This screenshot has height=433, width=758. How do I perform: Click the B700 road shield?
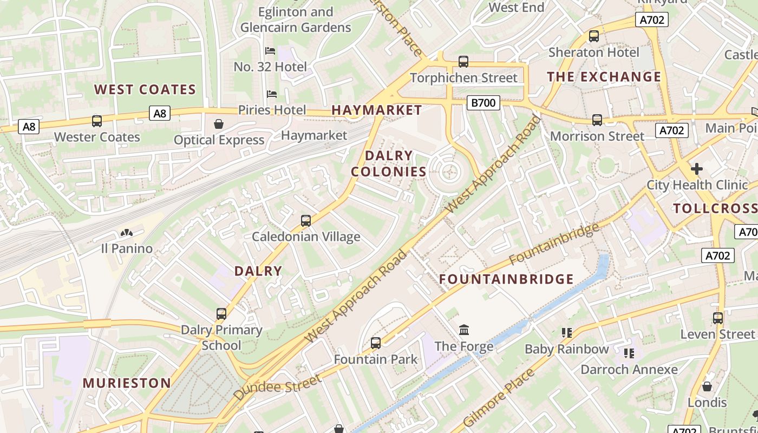coord(483,102)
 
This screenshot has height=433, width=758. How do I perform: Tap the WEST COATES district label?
coord(145,89)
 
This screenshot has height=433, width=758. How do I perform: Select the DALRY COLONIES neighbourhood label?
coord(389,163)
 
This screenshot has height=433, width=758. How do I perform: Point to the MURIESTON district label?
coord(127,383)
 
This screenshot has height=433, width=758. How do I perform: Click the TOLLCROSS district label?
coord(715,208)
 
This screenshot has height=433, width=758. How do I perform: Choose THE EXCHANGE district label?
coord(604,77)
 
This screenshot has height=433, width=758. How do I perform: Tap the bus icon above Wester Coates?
coord(97,121)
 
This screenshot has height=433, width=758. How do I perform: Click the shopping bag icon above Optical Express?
coord(219,124)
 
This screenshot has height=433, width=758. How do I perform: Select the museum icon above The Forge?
coord(464,330)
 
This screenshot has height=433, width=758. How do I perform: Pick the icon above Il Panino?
coord(127,233)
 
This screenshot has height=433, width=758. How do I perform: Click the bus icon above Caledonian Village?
coord(306,221)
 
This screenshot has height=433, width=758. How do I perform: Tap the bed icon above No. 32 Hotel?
coord(270,51)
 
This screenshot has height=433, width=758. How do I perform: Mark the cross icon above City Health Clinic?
coord(696,169)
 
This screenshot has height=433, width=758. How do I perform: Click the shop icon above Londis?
coord(707,386)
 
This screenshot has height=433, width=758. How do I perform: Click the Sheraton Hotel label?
coord(594,53)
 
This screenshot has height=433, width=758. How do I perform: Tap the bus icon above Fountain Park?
coord(376,343)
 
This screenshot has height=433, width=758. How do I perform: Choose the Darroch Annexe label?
coord(629,370)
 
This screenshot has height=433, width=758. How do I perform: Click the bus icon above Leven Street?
coord(718,318)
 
